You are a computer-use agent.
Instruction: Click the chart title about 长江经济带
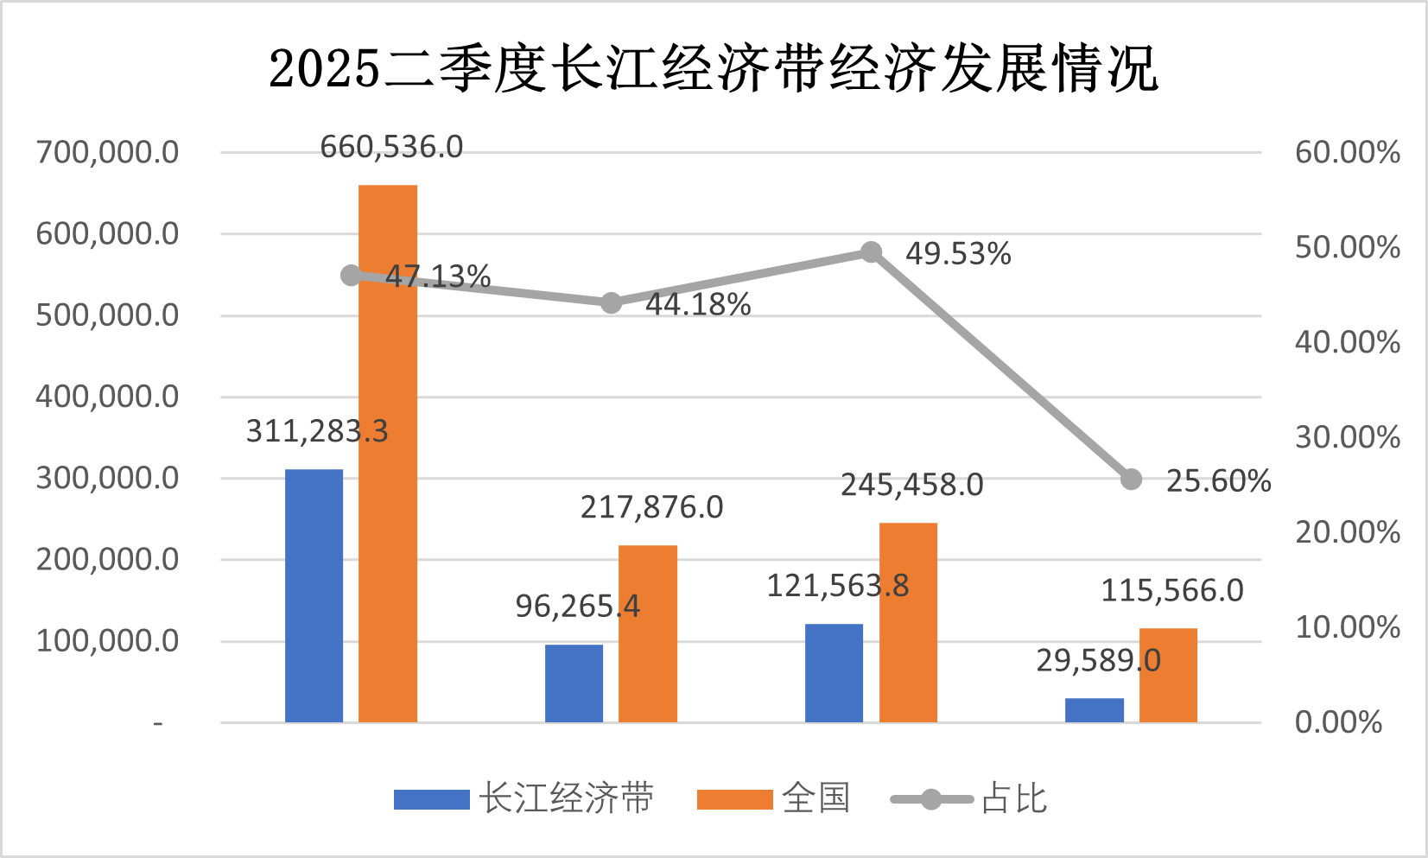coord(713,69)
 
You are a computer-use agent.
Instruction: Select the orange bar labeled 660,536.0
coord(388,454)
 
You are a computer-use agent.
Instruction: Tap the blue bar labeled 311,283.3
coord(314,596)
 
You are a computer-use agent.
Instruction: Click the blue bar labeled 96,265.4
coord(574,683)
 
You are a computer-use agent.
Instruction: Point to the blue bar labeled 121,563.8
coord(834,673)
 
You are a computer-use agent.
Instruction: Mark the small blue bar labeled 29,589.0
coord(1094,710)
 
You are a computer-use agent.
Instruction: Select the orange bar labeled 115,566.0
coord(1168,675)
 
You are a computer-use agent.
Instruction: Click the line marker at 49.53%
coord(871,252)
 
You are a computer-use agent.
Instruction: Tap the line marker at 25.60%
coord(1131,480)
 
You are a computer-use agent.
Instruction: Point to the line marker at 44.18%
coord(611,303)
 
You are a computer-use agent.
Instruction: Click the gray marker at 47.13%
coord(351,276)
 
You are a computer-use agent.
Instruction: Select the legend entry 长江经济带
coord(524,798)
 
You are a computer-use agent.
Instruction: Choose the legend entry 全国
coord(773,798)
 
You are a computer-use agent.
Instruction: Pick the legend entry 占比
coord(969,798)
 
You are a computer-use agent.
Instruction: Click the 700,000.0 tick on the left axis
coord(107,153)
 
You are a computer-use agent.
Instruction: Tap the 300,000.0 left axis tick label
coord(107,478)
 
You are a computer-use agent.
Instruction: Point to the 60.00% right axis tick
coord(1347,153)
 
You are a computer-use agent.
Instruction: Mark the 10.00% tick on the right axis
coord(1347,627)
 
